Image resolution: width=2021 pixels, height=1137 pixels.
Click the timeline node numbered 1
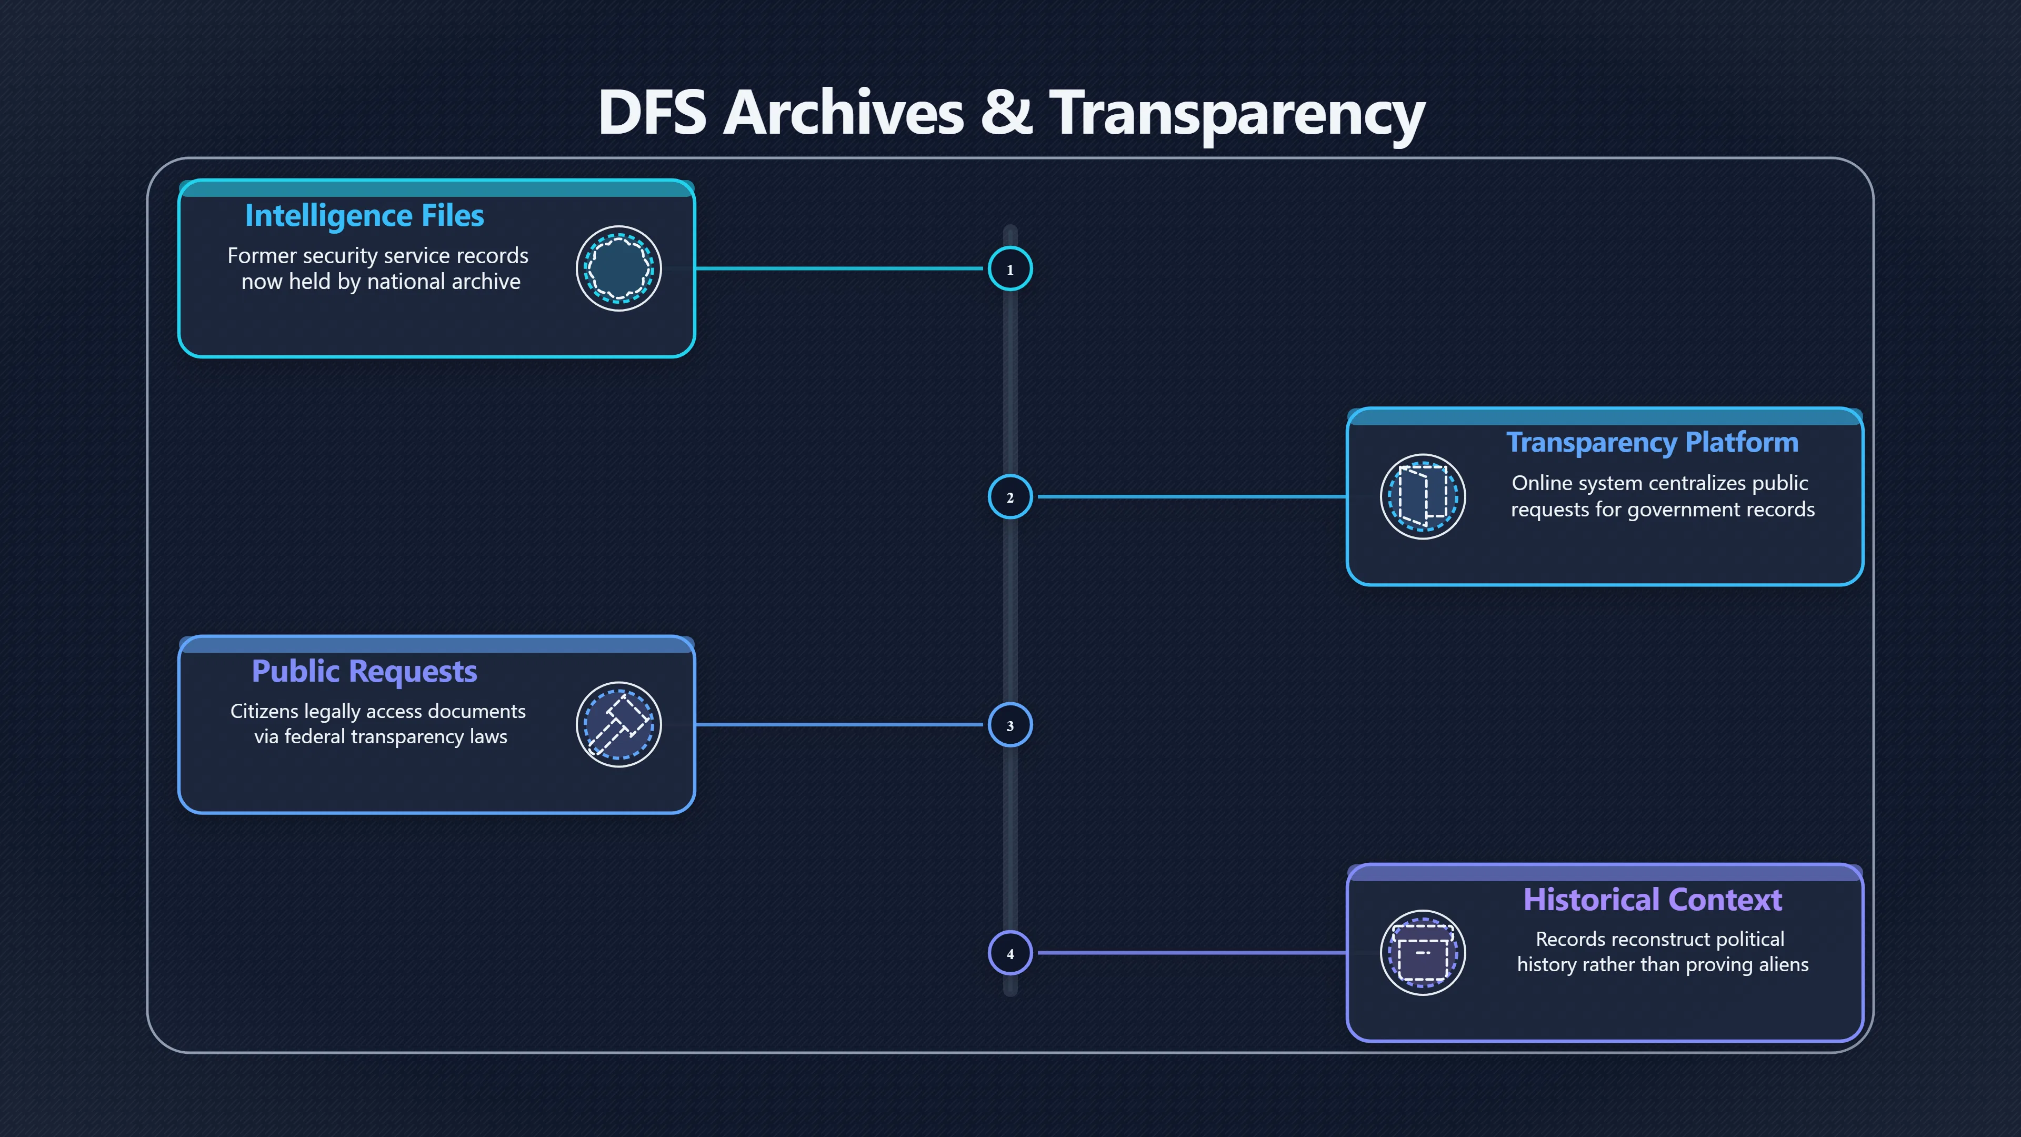coord(1010,268)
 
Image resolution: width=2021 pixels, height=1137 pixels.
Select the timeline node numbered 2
coord(1010,497)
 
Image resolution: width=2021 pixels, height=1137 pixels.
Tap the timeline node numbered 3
coord(1010,724)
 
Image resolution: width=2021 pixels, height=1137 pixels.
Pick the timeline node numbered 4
coord(1010,953)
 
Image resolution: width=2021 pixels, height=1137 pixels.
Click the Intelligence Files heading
coord(364,216)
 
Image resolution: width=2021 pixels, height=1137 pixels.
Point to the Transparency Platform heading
coord(1652,443)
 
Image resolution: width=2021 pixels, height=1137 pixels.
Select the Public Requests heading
coord(364,672)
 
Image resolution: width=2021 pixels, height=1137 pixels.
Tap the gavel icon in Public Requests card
coord(619,724)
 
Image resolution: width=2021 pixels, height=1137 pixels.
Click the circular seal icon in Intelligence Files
coord(619,268)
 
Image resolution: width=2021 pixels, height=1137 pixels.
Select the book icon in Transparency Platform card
coord(1423,497)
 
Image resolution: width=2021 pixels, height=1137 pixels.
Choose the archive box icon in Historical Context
coord(1423,953)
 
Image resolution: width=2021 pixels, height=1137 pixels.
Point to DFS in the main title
coord(652,112)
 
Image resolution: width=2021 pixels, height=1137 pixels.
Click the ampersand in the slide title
coord(1007,112)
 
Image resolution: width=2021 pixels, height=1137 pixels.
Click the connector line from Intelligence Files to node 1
coord(839,268)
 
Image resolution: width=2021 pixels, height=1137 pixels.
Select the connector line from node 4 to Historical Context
coord(1192,953)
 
